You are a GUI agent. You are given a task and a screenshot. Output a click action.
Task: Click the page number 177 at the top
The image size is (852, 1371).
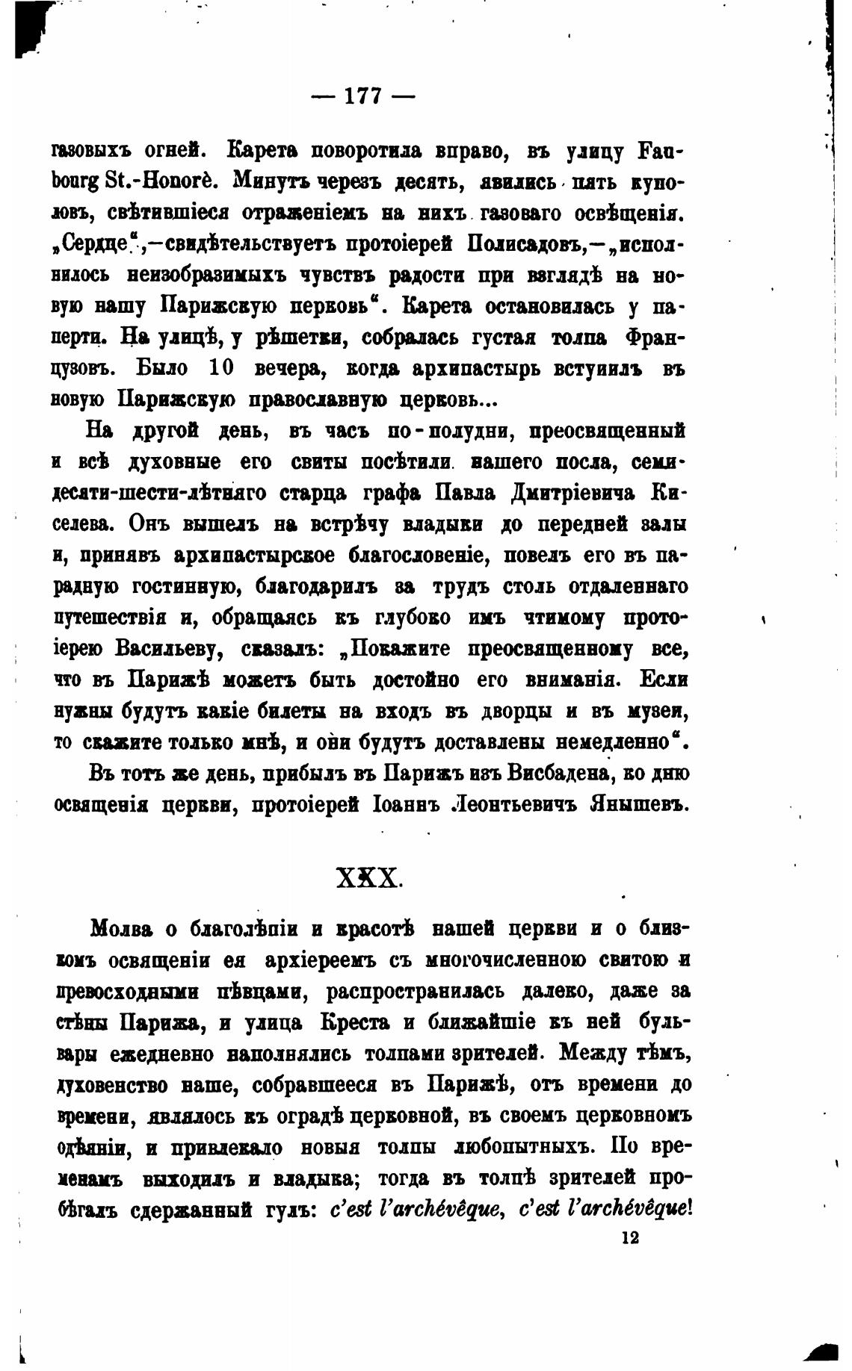point(362,96)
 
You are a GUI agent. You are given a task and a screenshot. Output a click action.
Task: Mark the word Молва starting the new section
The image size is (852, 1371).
point(121,929)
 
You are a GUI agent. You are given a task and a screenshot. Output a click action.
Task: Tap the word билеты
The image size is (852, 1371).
point(288,712)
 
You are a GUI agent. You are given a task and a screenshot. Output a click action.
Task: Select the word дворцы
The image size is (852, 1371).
point(508,712)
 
